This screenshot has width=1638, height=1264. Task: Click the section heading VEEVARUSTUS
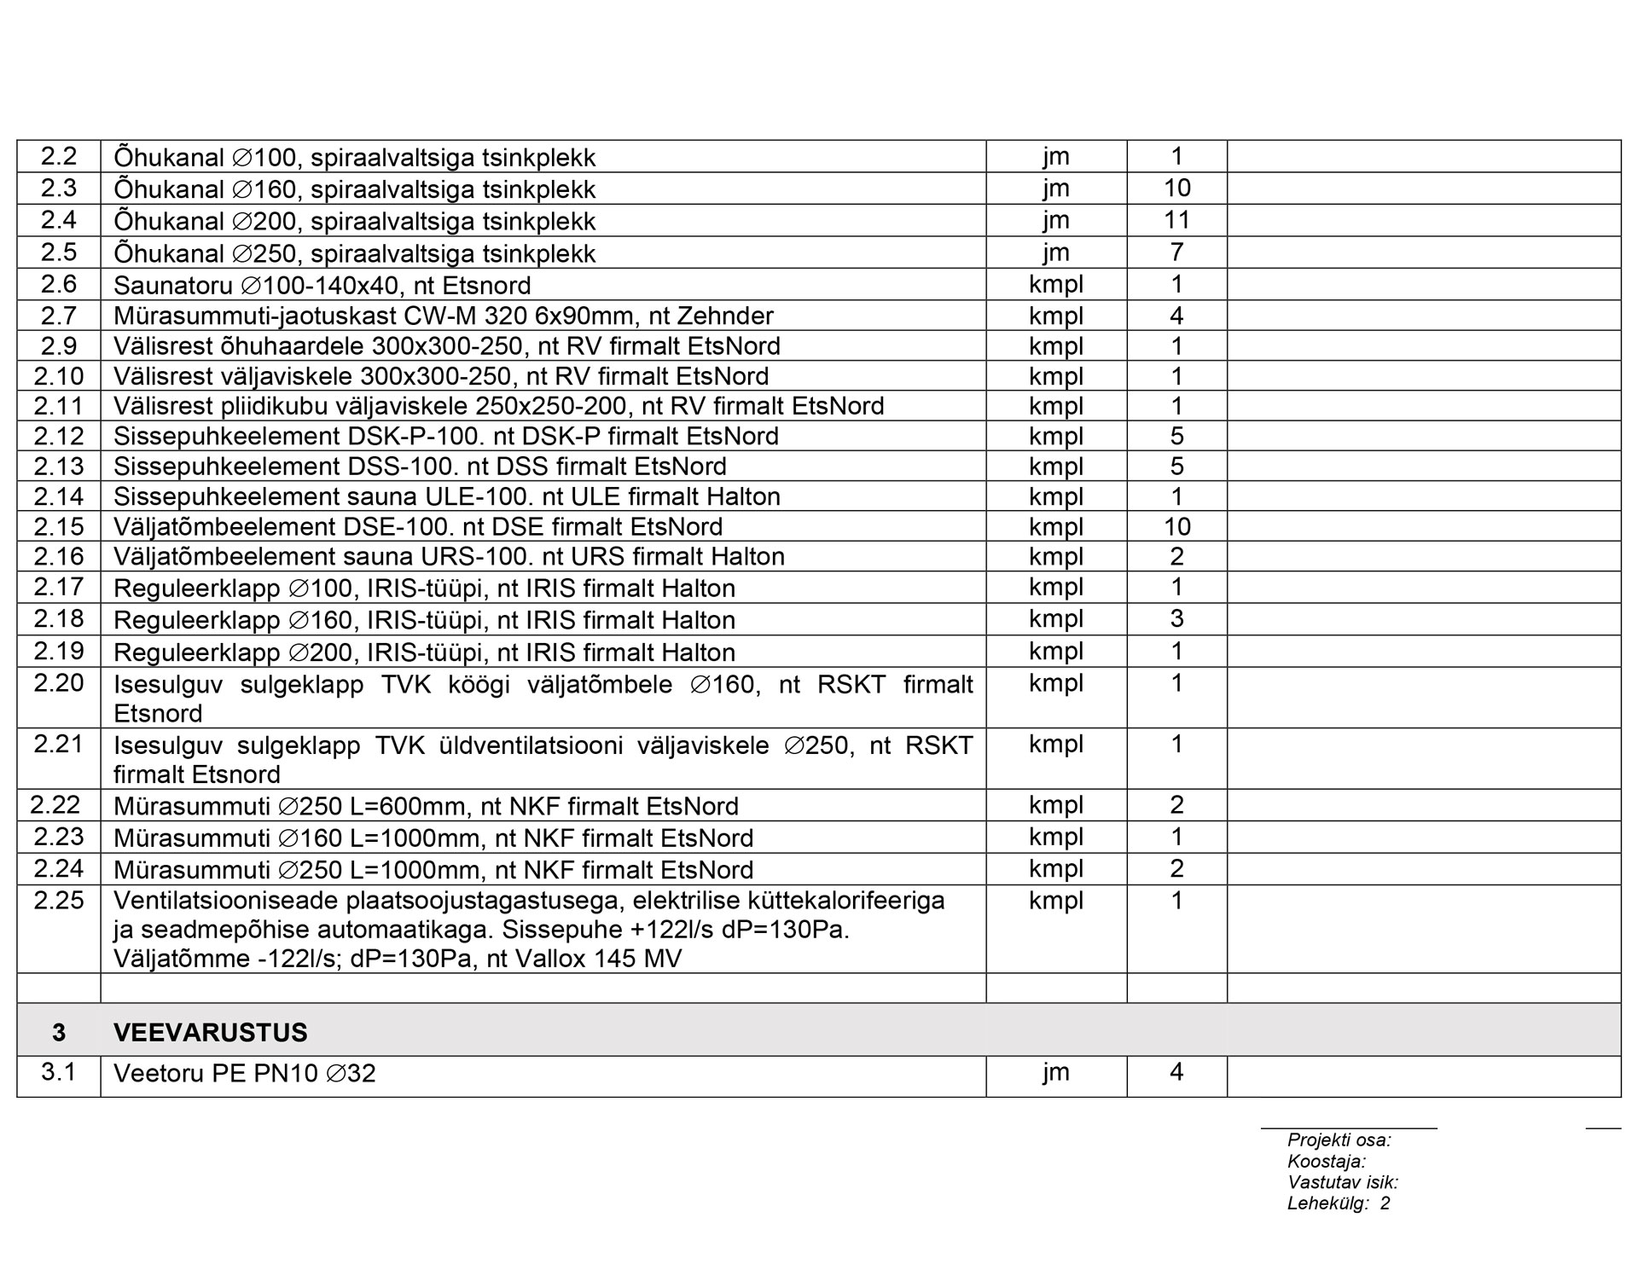coord(210,1032)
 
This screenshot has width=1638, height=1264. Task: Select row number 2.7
coord(58,316)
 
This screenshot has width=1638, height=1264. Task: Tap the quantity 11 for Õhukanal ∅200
coord(1176,220)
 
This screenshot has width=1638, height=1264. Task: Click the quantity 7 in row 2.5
coord(1176,252)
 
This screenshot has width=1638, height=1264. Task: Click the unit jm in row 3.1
coord(1055,1072)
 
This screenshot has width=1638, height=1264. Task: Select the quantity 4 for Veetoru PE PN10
coord(1176,1072)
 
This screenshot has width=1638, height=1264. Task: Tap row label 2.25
coord(58,900)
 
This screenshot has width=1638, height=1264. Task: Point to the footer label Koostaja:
coord(1326,1162)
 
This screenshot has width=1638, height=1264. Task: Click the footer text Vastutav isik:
coord(1342,1183)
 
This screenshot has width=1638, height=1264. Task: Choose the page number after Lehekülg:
coord(1385,1203)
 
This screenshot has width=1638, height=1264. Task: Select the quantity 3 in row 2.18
coord(1176,618)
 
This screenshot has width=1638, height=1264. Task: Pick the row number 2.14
coord(58,496)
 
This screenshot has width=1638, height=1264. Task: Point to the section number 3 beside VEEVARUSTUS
coord(58,1032)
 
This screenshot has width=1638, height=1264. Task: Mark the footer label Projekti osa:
coord(1339,1140)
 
